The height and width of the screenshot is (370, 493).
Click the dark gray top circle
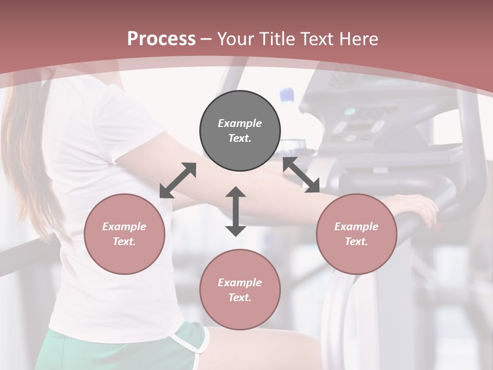[240, 131]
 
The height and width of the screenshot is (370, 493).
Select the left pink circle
[124, 234]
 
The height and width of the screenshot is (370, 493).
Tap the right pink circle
[356, 234]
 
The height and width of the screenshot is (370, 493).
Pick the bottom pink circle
[240, 290]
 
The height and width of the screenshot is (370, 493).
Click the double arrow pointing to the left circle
[178, 180]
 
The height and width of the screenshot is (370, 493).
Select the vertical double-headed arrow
[236, 211]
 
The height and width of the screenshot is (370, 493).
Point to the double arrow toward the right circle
[301, 175]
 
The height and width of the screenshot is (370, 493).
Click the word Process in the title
[161, 39]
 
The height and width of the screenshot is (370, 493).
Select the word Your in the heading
[235, 39]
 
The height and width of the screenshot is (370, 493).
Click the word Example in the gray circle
[240, 123]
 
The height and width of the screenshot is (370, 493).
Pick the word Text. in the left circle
[124, 242]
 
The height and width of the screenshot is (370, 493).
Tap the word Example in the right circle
[356, 227]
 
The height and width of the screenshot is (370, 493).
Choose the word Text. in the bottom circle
[240, 298]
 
